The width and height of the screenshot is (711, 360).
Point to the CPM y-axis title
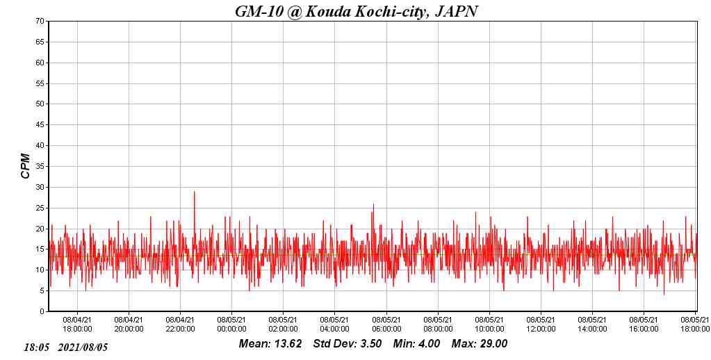(x=26, y=165)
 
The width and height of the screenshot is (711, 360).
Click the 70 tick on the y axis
(x=41, y=21)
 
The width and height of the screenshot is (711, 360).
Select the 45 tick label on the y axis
(x=41, y=125)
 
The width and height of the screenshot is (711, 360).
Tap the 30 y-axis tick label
(x=41, y=187)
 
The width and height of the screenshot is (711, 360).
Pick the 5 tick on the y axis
(x=42, y=291)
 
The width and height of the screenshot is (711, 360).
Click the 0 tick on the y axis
(x=42, y=312)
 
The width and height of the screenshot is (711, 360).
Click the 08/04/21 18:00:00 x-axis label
(x=77, y=325)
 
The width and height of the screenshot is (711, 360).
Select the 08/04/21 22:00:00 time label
(x=180, y=325)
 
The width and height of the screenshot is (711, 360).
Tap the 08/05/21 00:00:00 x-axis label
(x=231, y=325)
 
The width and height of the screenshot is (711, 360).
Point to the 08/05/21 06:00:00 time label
(x=386, y=325)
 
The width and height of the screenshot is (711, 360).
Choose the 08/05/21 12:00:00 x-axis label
(x=541, y=325)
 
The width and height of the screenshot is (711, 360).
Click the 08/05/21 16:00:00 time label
(x=644, y=325)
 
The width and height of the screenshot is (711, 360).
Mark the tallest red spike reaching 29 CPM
(x=194, y=193)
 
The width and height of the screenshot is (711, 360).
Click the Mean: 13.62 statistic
(x=270, y=344)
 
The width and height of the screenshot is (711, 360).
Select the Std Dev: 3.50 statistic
(x=348, y=344)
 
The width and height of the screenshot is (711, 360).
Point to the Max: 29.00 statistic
(x=480, y=344)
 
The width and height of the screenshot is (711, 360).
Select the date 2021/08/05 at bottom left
(x=83, y=347)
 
